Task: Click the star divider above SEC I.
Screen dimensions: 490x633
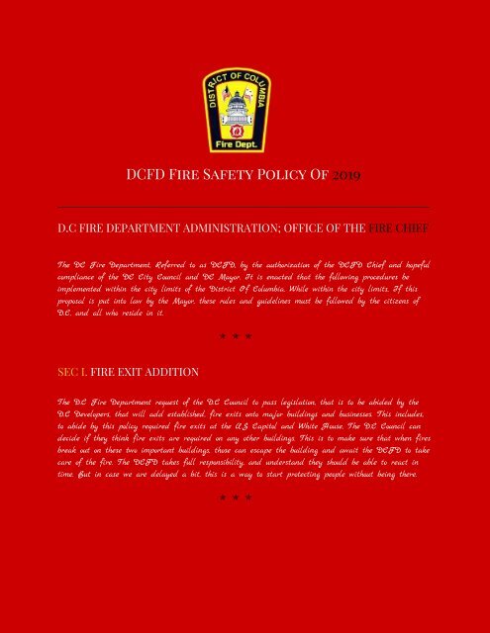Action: coord(236,336)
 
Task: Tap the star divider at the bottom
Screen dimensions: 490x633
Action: coord(236,497)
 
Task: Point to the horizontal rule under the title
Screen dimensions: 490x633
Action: coord(244,205)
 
